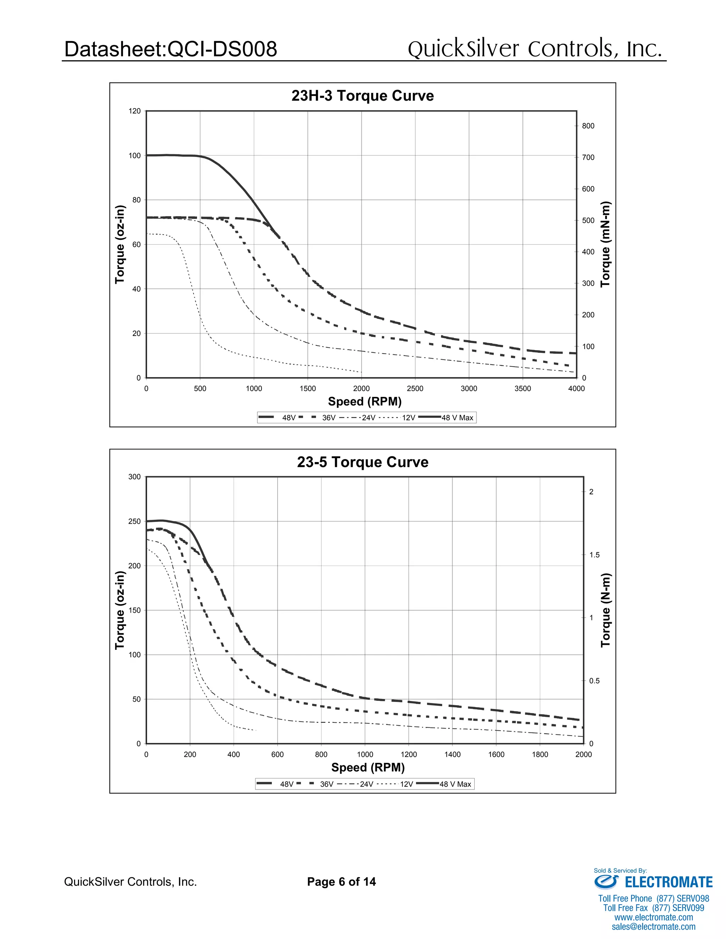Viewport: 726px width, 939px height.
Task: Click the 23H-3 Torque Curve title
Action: tap(362, 95)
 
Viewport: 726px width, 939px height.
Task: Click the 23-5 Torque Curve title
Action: tap(362, 462)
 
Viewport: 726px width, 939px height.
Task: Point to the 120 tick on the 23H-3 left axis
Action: tap(134, 111)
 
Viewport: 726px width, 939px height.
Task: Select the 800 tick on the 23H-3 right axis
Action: tap(588, 126)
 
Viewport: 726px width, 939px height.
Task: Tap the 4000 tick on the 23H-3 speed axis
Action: tap(576, 389)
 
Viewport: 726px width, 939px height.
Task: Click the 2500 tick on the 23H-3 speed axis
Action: tap(415, 389)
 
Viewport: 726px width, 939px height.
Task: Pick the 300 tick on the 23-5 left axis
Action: tap(134, 477)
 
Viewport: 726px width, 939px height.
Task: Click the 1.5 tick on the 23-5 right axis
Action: tap(594, 555)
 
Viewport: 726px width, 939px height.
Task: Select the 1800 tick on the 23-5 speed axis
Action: tap(540, 754)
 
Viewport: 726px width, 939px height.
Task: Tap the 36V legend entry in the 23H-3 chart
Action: tap(329, 418)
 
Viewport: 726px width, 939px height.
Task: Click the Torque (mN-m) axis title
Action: tap(605, 244)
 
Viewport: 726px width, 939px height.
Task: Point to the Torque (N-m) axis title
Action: tap(605, 610)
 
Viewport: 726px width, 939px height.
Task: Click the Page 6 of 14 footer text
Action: tap(341, 882)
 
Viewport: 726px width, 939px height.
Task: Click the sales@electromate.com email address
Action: tap(653, 927)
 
